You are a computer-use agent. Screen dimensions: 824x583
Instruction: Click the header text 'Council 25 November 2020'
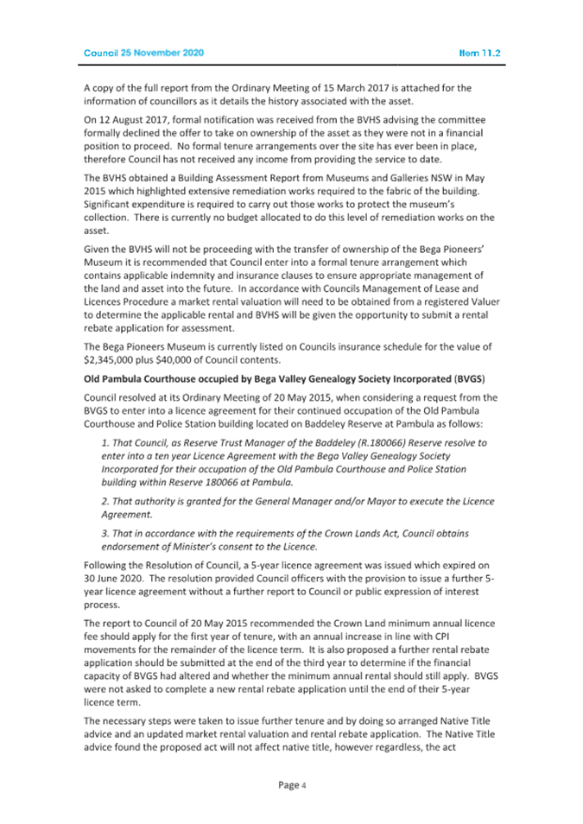(143, 53)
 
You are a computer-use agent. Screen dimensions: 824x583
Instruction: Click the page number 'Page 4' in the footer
(292, 784)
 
